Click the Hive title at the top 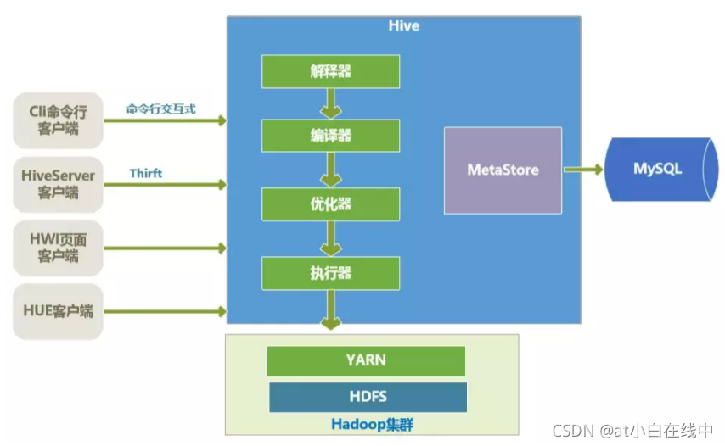(403, 25)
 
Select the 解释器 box (330, 71)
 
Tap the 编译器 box (330, 136)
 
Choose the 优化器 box (330, 204)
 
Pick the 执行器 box (330, 273)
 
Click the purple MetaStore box (503, 170)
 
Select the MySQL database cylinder (661, 169)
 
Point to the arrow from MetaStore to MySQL (583, 170)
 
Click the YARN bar (366, 360)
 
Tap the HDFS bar (368, 397)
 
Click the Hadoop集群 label (372, 424)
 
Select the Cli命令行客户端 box (58, 120)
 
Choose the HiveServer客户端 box (58, 184)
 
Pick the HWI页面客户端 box (58, 248)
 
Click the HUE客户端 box (58, 311)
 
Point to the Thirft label (146, 173)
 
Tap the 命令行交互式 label (161, 109)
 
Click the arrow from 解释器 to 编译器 (330, 103)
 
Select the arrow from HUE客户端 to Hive (166, 311)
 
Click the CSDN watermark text (633, 430)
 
